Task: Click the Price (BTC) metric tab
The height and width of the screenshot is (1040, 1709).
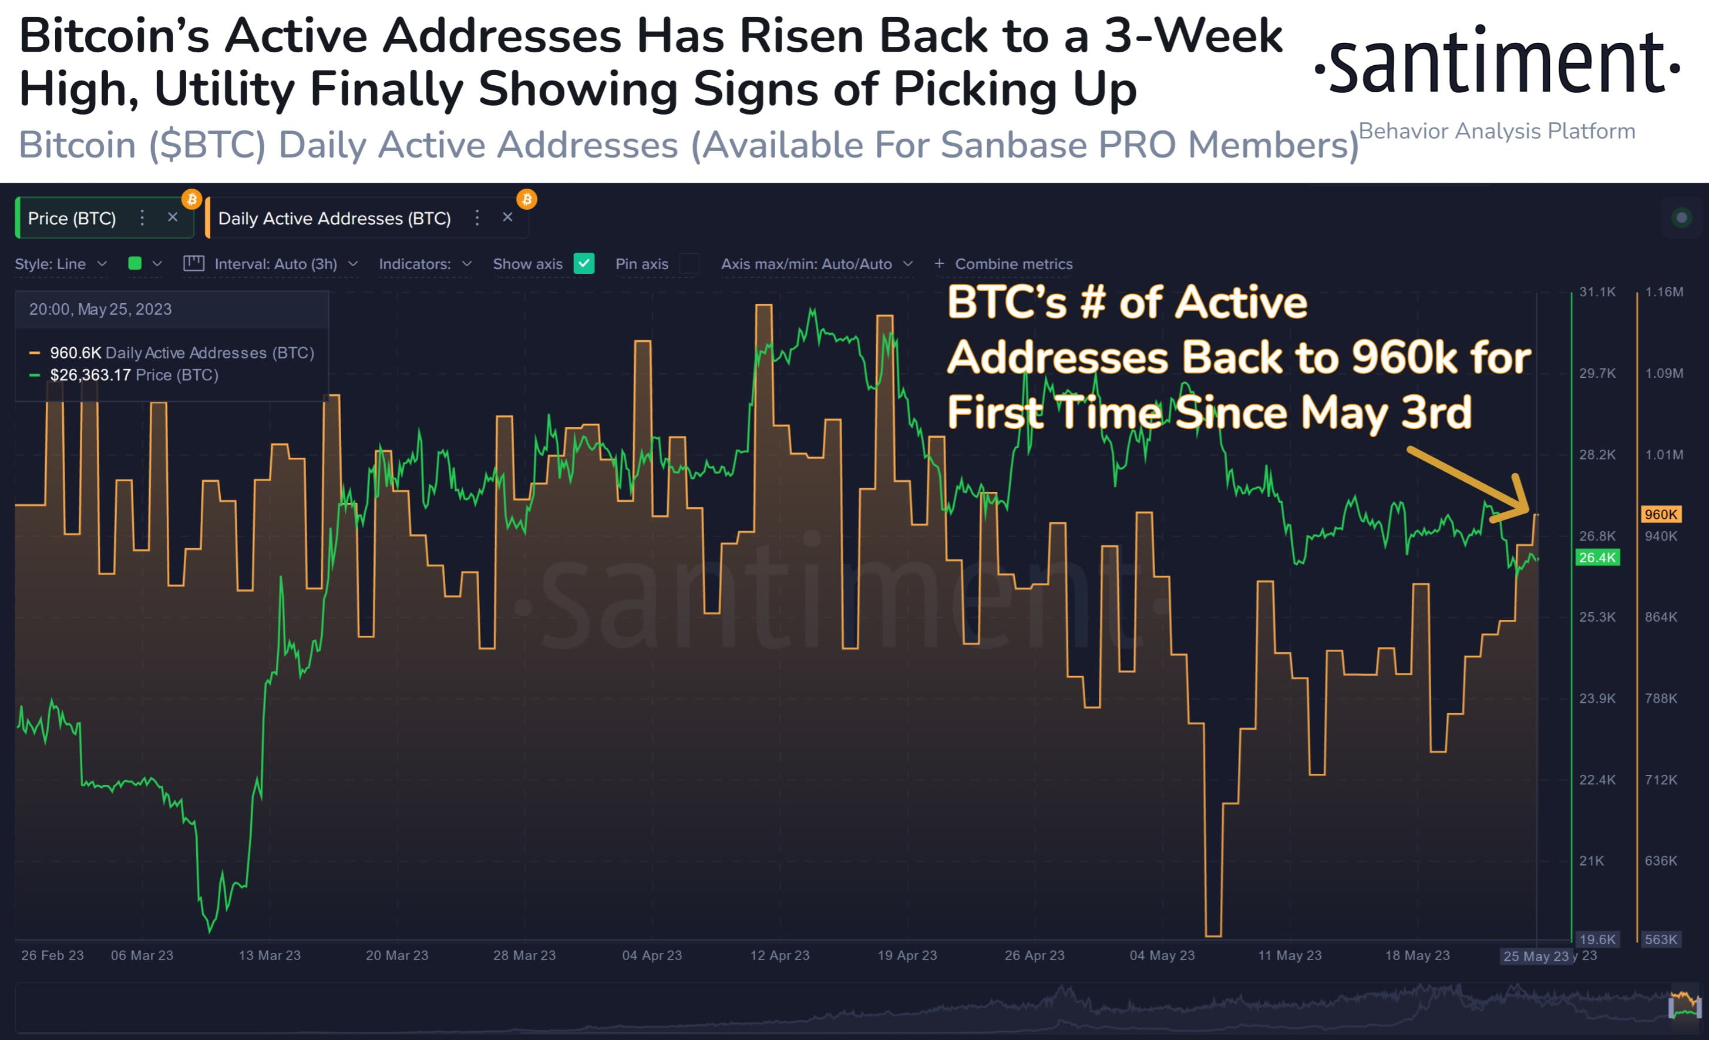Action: [x=72, y=219]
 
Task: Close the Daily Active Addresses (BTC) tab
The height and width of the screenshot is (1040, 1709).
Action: [x=507, y=217]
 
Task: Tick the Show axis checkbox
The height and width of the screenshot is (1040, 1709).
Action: [x=584, y=264]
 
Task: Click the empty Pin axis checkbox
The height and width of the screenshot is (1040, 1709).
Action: [x=689, y=264]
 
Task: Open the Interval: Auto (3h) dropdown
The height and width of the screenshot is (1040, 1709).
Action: [x=276, y=264]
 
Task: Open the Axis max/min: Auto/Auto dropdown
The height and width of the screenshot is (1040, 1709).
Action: [x=816, y=264]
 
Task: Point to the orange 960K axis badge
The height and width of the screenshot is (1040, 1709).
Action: [x=1660, y=514]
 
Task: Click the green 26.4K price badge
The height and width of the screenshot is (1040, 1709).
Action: [x=1597, y=557]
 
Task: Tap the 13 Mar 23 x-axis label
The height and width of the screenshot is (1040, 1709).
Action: [x=270, y=955]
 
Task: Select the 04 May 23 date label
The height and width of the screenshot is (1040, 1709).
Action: [x=1162, y=955]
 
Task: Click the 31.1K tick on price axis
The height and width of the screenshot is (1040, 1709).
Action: [x=1597, y=292]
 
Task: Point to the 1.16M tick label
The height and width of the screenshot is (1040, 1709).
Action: [x=1663, y=292]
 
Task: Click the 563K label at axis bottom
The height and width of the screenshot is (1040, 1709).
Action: [x=1660, y=940]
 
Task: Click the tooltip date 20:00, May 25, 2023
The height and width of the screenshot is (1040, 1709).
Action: [x=100, y=310]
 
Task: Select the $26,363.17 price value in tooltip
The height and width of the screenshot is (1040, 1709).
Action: [x=90, y=375]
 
